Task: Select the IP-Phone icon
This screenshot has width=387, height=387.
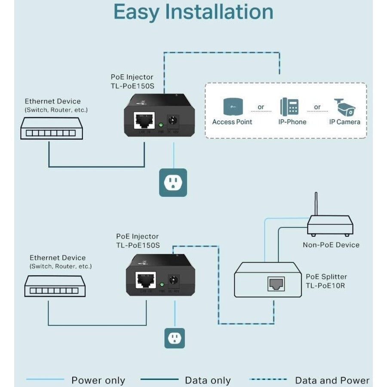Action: [290, 107]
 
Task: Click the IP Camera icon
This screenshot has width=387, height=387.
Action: [345, 107]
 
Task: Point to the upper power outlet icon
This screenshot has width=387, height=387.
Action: [173, 182]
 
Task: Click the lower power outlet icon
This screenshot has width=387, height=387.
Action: [175, 338]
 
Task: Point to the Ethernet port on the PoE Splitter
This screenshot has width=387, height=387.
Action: [276, 283]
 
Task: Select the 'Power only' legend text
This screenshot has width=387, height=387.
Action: [98, 380]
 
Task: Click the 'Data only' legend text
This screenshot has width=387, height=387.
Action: [208, 380]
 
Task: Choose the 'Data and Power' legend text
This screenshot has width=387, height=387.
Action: [332, 380]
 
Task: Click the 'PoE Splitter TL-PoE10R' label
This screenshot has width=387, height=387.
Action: [326, 281]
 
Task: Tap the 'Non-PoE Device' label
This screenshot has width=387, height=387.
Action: [331, 245]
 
